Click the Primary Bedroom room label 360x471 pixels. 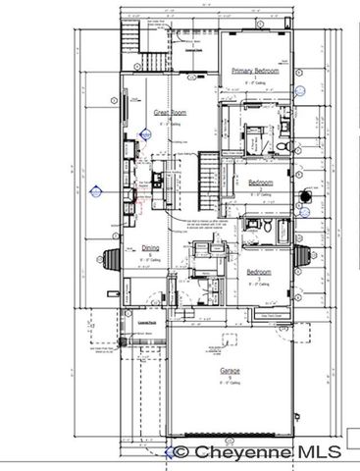click(x=255, y=72)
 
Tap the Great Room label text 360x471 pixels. click(x=170, y=113)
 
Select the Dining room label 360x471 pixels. click(x=149, y=248)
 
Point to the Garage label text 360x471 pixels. click(x=230, y=372)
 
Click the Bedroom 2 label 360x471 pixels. click(x=260, y=183)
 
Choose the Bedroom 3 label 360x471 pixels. click(x=259, y=272)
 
